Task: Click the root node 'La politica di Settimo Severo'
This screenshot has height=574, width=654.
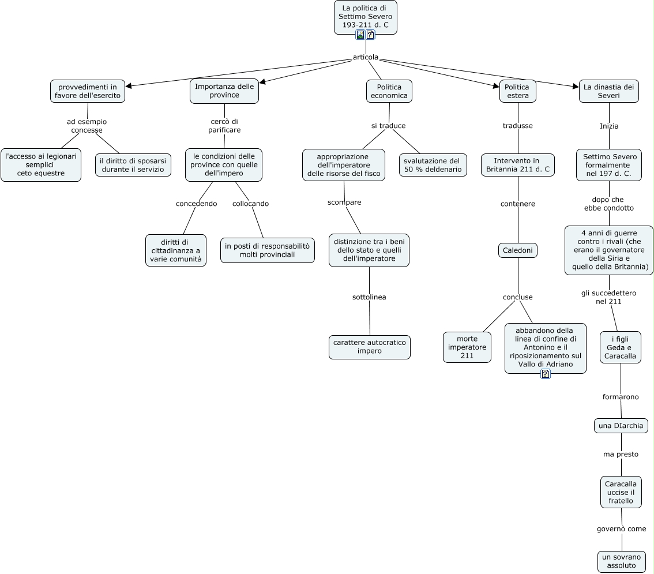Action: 366,17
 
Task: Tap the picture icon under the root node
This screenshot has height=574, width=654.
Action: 360,35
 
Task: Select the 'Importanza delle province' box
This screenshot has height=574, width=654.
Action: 224,91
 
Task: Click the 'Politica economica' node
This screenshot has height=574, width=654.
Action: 389,91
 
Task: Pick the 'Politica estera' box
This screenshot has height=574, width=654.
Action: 517,91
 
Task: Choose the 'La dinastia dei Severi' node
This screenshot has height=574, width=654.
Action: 608,91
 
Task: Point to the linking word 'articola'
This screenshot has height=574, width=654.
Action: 366,57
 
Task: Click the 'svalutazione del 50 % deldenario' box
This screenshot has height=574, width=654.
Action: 433,165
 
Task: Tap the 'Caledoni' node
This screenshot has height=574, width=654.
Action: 517,250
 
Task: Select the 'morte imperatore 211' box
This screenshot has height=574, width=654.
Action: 467,347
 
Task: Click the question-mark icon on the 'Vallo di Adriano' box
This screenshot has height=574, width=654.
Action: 546,374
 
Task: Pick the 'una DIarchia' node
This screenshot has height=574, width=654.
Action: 621,426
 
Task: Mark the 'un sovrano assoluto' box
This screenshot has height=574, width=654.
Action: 621,561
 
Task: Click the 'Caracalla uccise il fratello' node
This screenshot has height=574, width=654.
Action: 621,492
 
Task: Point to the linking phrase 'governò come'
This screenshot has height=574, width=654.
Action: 621,528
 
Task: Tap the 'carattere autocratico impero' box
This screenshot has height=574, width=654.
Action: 369,347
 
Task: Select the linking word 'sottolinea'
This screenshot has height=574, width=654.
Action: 369,297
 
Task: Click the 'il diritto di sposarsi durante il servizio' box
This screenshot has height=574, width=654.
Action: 133,165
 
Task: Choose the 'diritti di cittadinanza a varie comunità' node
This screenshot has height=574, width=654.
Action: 175,250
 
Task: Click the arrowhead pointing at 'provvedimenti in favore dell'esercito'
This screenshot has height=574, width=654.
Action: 129,86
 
